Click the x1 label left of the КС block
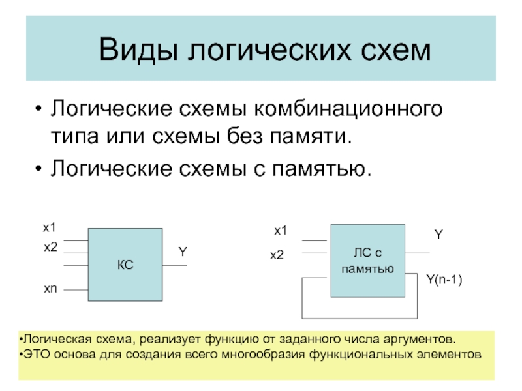(x=50, y=227)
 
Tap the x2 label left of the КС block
(x=50, y=247)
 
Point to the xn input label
(x=50, y=287)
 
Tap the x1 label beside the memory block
(x=281, y=230)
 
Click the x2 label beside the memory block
(x=278, y=256)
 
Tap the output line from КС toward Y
(x=175, y=265)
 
